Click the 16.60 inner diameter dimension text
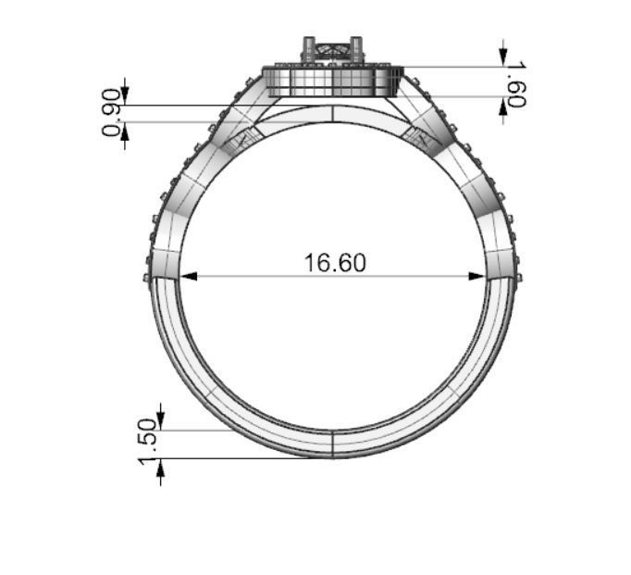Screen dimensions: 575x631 click(x=335, y=263)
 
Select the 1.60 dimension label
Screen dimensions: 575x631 click(x=516, y=84)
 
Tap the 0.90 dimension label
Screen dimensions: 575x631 click(x=112, y=112)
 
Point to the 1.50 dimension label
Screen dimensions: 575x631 click(x=147, y=443)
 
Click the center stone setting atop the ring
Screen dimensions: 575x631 click(x=331, y=52)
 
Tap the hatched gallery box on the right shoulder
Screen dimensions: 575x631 click(x=421, y=140)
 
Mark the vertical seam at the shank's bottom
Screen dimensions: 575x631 click(x=332, y=444)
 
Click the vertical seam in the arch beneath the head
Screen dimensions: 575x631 click(x=332, y=115)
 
